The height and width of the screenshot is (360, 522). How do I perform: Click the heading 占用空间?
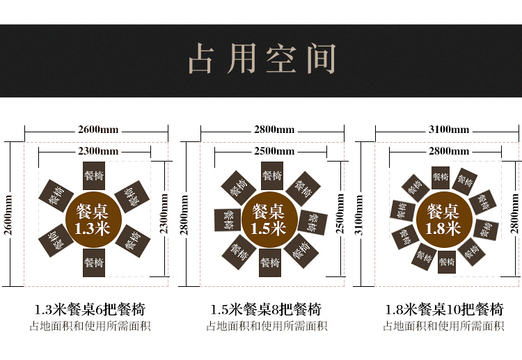click(x=261, y=60)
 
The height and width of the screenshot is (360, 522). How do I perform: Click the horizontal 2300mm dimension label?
click(x=97, y=151)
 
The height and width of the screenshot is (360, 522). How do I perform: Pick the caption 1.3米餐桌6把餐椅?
click(x=90, y=310)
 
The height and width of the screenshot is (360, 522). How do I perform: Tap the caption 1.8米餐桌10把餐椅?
click(x=444, y=310)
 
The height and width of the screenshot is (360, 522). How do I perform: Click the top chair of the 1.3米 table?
click(x=94, y=176)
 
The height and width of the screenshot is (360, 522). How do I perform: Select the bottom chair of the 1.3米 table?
click(x=94, y=263)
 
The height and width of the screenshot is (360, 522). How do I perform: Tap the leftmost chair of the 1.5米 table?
click(x=227, y=219)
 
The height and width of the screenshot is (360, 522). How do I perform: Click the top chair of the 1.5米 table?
click(x=271, y=175)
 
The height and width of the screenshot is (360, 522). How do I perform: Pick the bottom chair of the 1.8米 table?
click(x=447, y=262)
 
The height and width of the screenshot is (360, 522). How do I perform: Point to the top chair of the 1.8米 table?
click(x=441, y=177)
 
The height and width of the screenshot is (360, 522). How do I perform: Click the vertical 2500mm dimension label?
click(x=340, y=214)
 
